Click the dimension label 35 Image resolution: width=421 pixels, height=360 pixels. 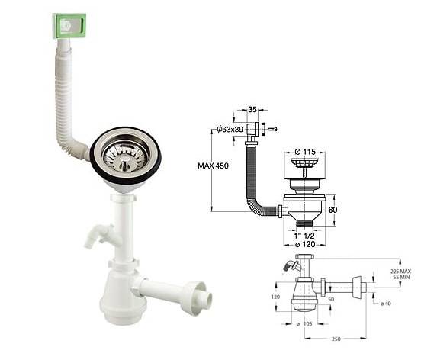click(252, 109)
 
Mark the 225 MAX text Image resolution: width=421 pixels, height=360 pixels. click(400, 271)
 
